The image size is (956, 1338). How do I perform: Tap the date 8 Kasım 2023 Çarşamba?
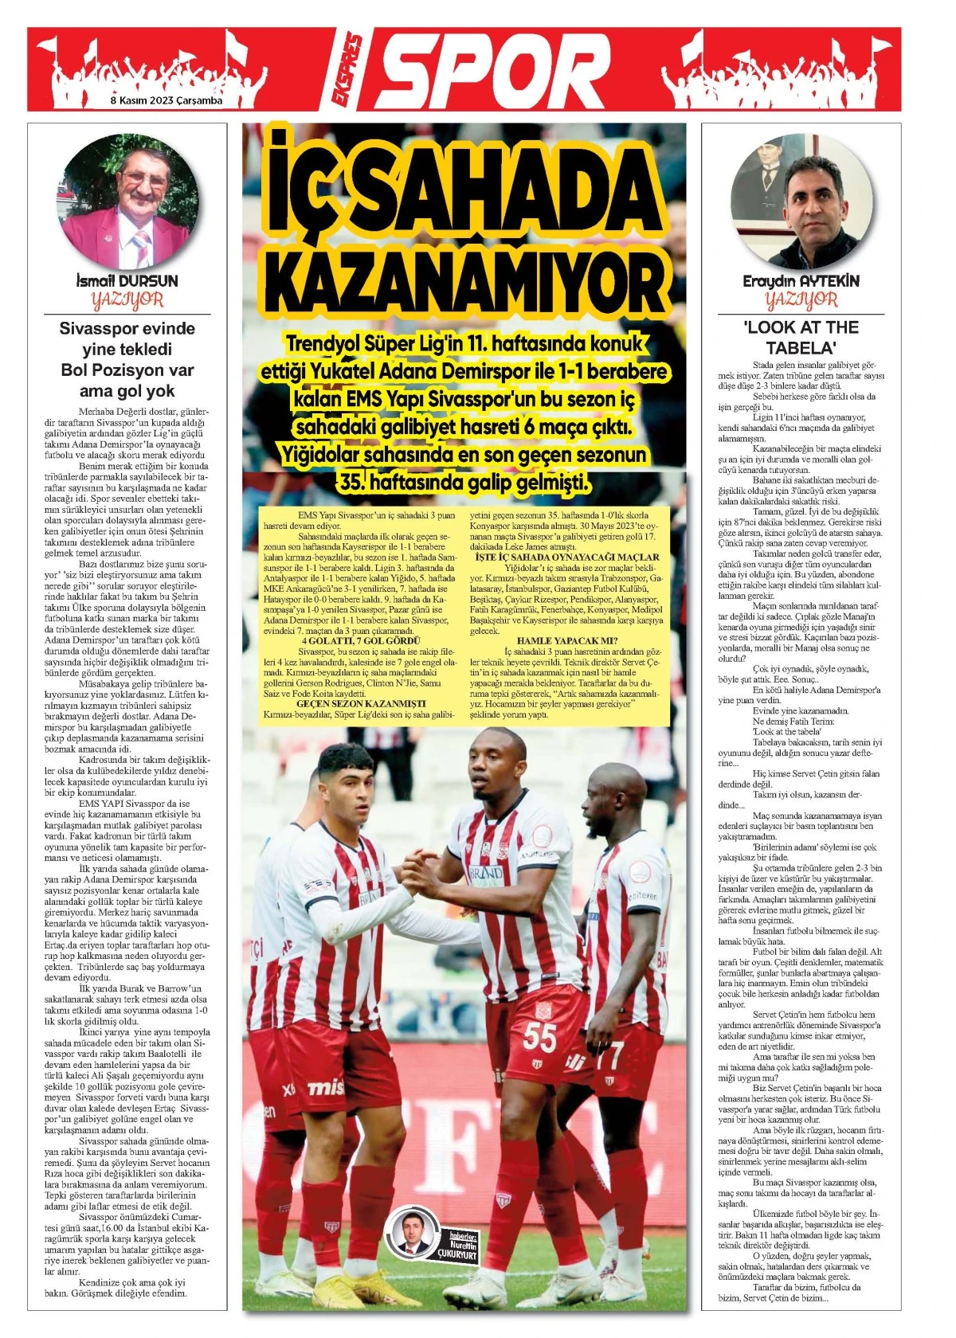pos(166,101)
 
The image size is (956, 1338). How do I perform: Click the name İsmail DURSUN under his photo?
pos(126,281)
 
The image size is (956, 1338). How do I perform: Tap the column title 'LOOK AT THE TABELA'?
pos(801,338)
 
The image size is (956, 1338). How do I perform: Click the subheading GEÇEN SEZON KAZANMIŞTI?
pos(360,703)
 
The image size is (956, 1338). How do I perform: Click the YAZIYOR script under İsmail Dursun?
pos(127,300)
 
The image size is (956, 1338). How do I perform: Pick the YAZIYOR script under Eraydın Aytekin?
pos(801,300)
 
